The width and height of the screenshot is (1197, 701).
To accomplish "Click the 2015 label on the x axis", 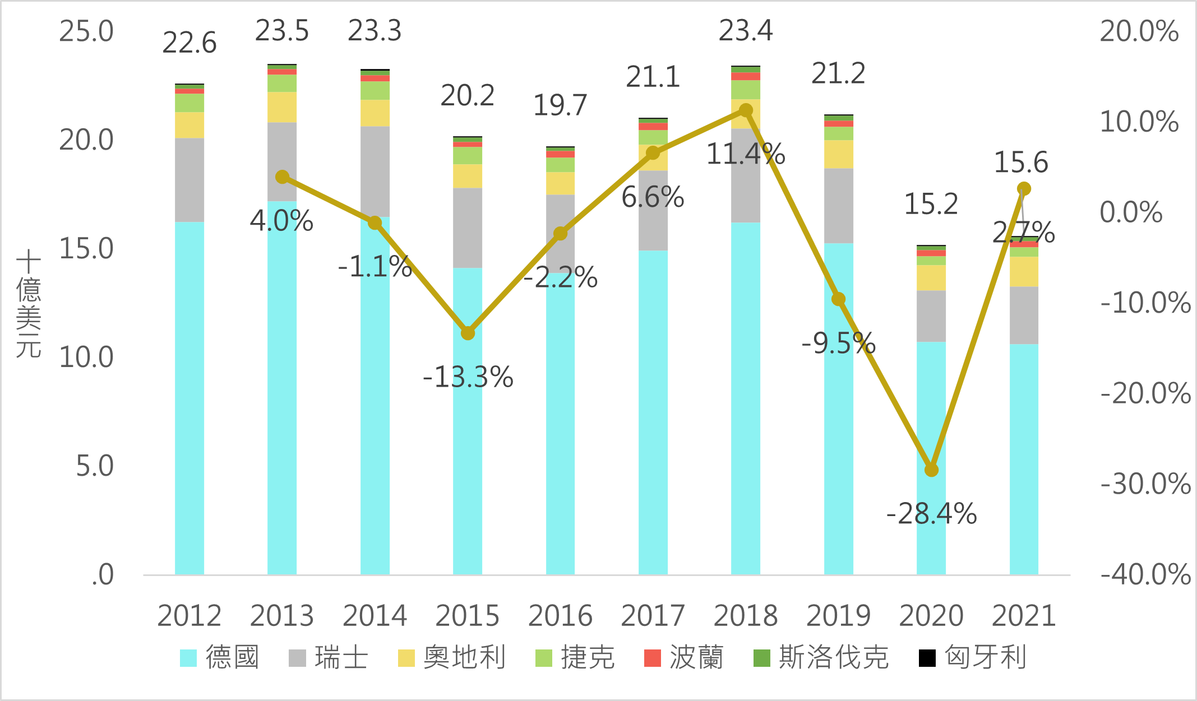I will (x=467, y=615).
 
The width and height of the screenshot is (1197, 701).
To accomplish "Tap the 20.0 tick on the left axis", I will (x=86, y=140).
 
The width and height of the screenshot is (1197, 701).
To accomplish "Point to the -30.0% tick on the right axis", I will (x=1145, y=484).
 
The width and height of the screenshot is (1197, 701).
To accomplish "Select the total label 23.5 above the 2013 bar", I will (x=282, y=31).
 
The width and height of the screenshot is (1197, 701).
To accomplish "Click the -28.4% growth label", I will (x=931, y=514).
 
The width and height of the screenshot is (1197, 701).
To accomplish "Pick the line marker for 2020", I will (x=931, y=470).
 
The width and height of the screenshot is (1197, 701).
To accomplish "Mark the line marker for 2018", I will (x=746, y=110).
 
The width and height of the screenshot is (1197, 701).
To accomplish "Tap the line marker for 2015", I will (x=468, y=333).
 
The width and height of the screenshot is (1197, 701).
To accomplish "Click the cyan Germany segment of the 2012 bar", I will (x=190, y=398).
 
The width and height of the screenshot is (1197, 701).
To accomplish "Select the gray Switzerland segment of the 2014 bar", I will (x=375, y=171).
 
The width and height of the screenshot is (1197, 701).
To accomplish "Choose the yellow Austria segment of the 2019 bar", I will (x=839, y=154).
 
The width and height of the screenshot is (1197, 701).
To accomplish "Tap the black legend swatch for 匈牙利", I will (x=927, y=658).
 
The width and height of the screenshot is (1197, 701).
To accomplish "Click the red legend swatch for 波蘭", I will (x=653, y=658).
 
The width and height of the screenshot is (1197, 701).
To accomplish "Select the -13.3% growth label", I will (x=468, y=377).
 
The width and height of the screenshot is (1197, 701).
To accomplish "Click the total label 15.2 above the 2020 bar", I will (x=931, y=204).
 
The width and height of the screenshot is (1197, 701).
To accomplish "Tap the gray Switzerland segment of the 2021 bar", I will (x=1024, y=315).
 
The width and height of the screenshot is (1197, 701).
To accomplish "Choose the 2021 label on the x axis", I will (x=1024, y=615).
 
